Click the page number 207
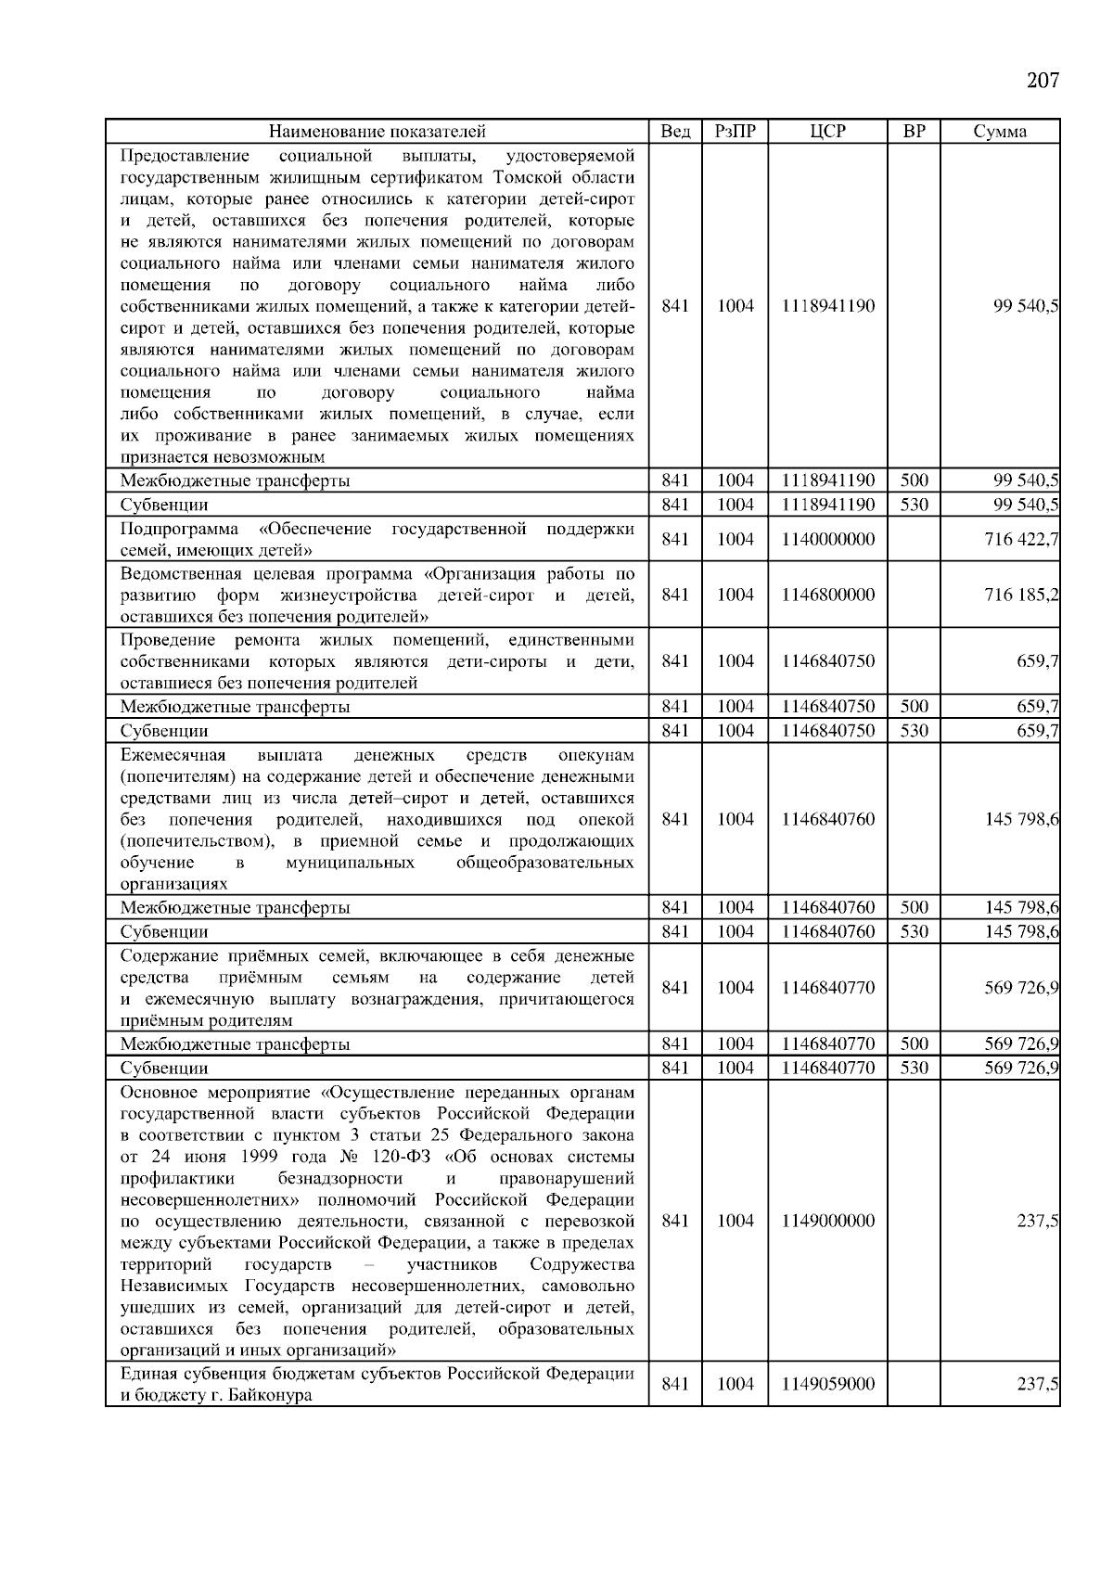tap(1043, 81)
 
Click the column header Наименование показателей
tap(377, 132)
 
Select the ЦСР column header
tap(827, 132)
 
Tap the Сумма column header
tap(999, 132)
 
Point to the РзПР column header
tap(735, 132)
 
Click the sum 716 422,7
tap(1021, 539)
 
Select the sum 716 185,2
tap(1021, 595)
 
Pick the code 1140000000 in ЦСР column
tap(827, 539)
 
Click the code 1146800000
tap(827, 595)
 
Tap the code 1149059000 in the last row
tap(827, 1384)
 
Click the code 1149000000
tap(827, 1221)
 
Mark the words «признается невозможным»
tap(223, 457)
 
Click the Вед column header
tap(674, 132)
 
